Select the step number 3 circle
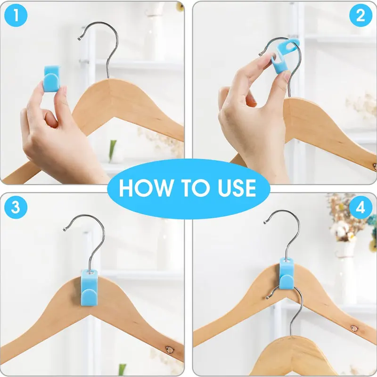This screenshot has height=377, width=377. coord(16,208)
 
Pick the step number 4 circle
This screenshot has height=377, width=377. coord(361,208)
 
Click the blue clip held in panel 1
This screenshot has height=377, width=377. coord(52,78)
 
